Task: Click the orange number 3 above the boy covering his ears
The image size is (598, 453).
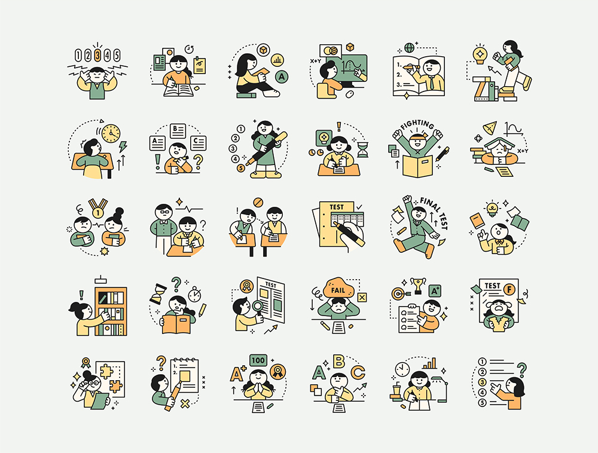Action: pos(97,55)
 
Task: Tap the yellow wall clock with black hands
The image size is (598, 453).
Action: pos(111,133)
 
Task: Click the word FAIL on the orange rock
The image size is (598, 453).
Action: pos(338,290)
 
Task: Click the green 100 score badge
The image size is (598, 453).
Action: pos(258,360)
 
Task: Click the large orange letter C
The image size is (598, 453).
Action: pos(358,372)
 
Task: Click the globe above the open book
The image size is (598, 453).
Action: pos(409,48)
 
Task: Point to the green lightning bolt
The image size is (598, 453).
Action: pos(123,146)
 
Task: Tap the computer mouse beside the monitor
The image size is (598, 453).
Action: pos(349,94)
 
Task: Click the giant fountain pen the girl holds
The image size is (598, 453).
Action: pos(267,149)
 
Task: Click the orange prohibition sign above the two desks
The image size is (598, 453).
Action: pos(258,203)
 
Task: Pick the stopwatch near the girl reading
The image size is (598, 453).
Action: pos(194,294)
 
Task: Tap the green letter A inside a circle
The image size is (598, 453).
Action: pos(282,76)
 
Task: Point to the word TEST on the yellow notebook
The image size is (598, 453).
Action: pos(337,207)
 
